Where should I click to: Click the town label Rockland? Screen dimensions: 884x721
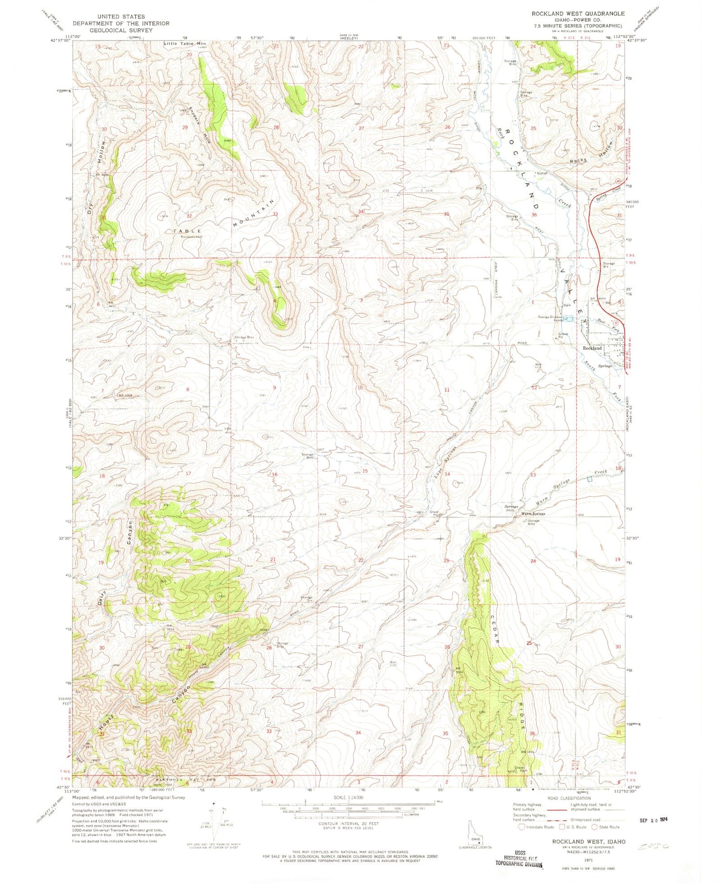[x=592, y=348]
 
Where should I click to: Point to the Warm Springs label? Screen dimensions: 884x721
[x=534, y=514]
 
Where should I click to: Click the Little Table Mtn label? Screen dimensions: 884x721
[x=185, y=44]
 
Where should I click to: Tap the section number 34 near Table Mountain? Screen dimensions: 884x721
[x=361, y=211]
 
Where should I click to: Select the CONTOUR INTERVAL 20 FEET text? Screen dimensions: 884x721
[x=349, y=823]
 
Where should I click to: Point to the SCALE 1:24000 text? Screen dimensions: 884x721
[x=349, y=797]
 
